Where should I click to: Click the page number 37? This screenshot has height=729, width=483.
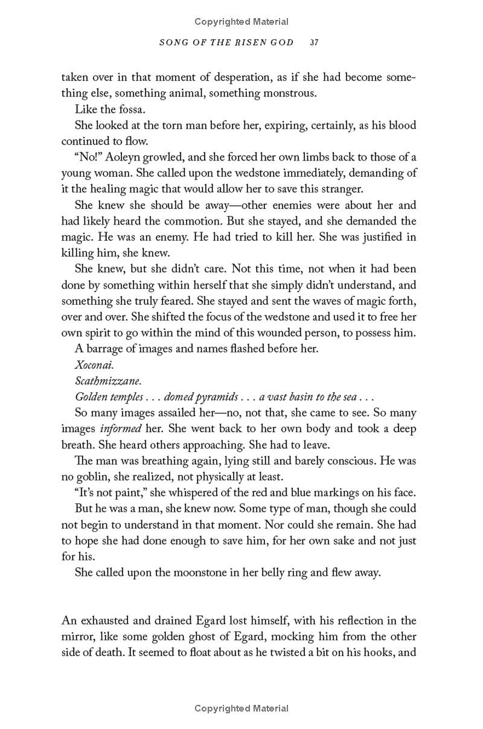tap(313, 43)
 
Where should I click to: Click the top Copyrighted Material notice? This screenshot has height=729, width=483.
tap(241, 22)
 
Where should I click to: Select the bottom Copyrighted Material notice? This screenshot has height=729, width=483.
tap(241, 708)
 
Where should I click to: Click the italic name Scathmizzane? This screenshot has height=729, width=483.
tap(108, 381)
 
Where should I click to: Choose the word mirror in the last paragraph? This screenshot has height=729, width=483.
tap(78, 637)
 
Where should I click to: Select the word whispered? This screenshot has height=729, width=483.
tap(174, 492)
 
